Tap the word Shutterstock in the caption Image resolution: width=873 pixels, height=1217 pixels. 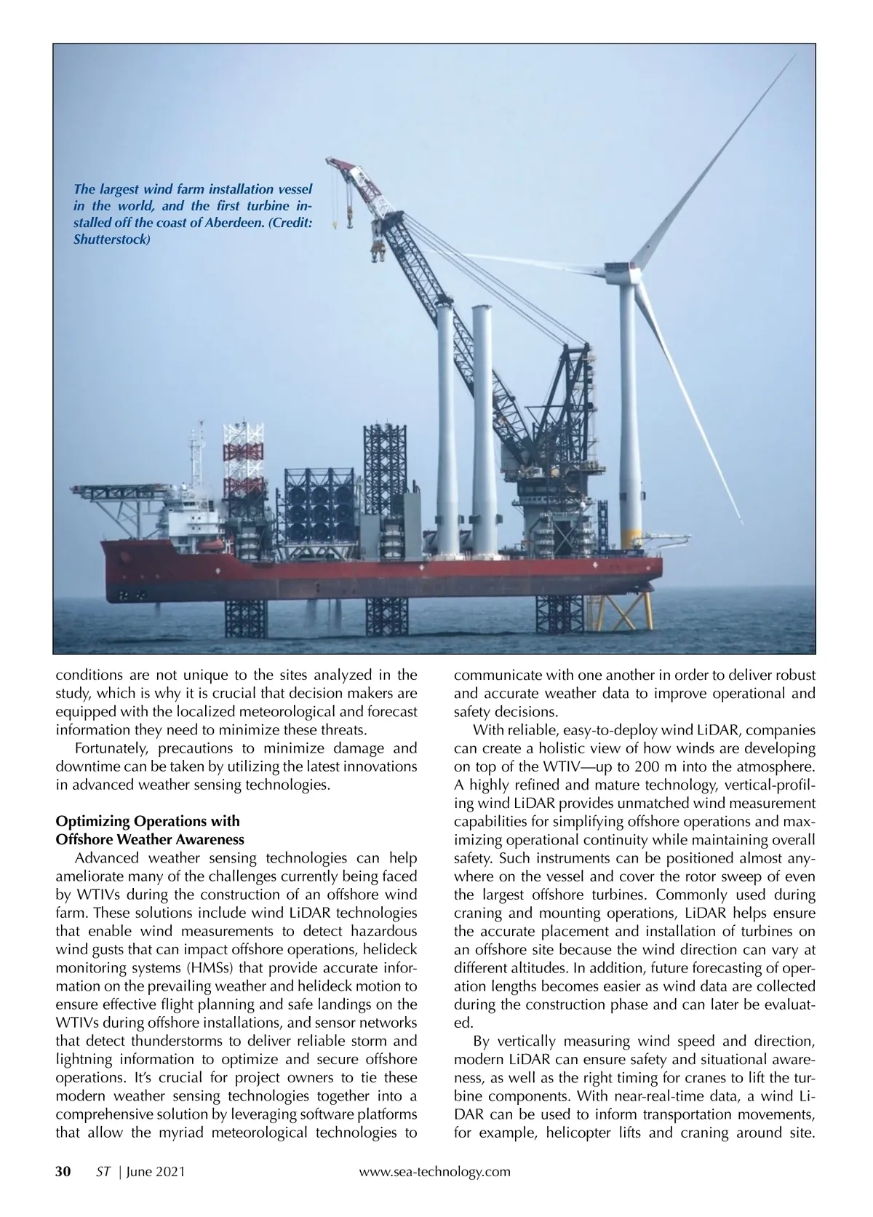pyautogui.click(x=111, y=239)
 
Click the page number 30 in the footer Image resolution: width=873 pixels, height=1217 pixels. pyautogui.click(x=63, y=1171)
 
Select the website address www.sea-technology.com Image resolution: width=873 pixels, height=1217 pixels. pyautogui.click(x=435, y=1171)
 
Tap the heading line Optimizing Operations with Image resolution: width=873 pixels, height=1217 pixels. pyautogui.click(x=148, y=822)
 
